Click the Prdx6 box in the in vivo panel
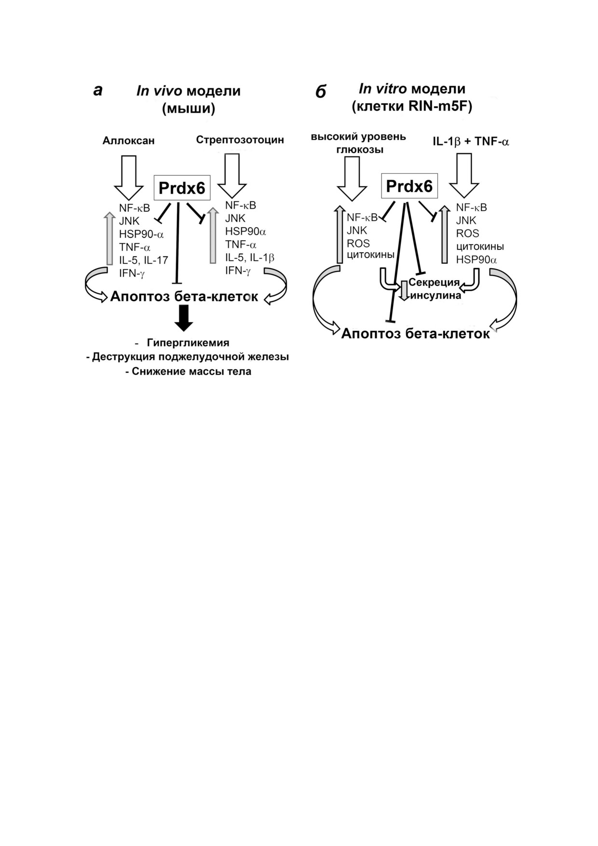pos(182,188)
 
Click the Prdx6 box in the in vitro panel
pos(409,186)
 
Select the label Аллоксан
pos(128,140)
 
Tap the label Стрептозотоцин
pos(240,140)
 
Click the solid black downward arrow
pos(184,318)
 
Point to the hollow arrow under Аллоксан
pos(129,177)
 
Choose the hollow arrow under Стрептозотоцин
pos(232,176)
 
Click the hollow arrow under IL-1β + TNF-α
pos(464,176)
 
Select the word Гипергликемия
pos(188,343)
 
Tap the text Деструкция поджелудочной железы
pos(190,357)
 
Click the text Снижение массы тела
pos(191,372)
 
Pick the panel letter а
pos(98,90)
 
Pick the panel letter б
pos(321,91)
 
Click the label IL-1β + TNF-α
pos(471,141)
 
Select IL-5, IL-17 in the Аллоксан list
pos(144,260)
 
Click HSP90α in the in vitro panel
pos(476,260)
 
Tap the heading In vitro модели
pos(412,89)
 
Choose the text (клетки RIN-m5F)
pos(412,107)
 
